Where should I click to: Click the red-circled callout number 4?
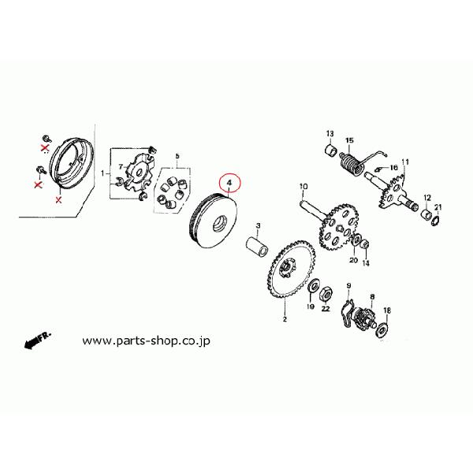coord(229,184)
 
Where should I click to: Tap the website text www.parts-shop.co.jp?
coord(151,342)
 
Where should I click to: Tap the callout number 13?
coord(330,133)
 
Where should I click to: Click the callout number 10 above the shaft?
coord(302,188)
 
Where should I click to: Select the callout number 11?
coord(405,162)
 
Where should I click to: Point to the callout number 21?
coord(439,208)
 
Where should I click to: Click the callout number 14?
coord(365,266)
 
